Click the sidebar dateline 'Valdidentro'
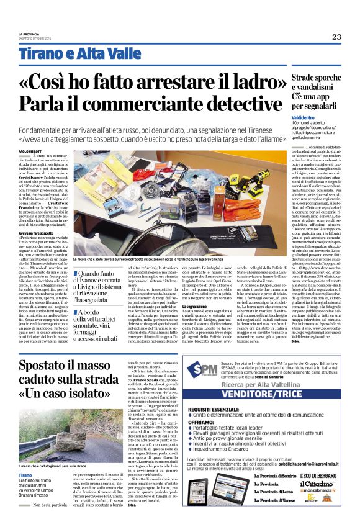pyautogui.click(x=288, y=117)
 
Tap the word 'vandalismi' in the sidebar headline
pyautogui.click(x=296, y=88)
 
